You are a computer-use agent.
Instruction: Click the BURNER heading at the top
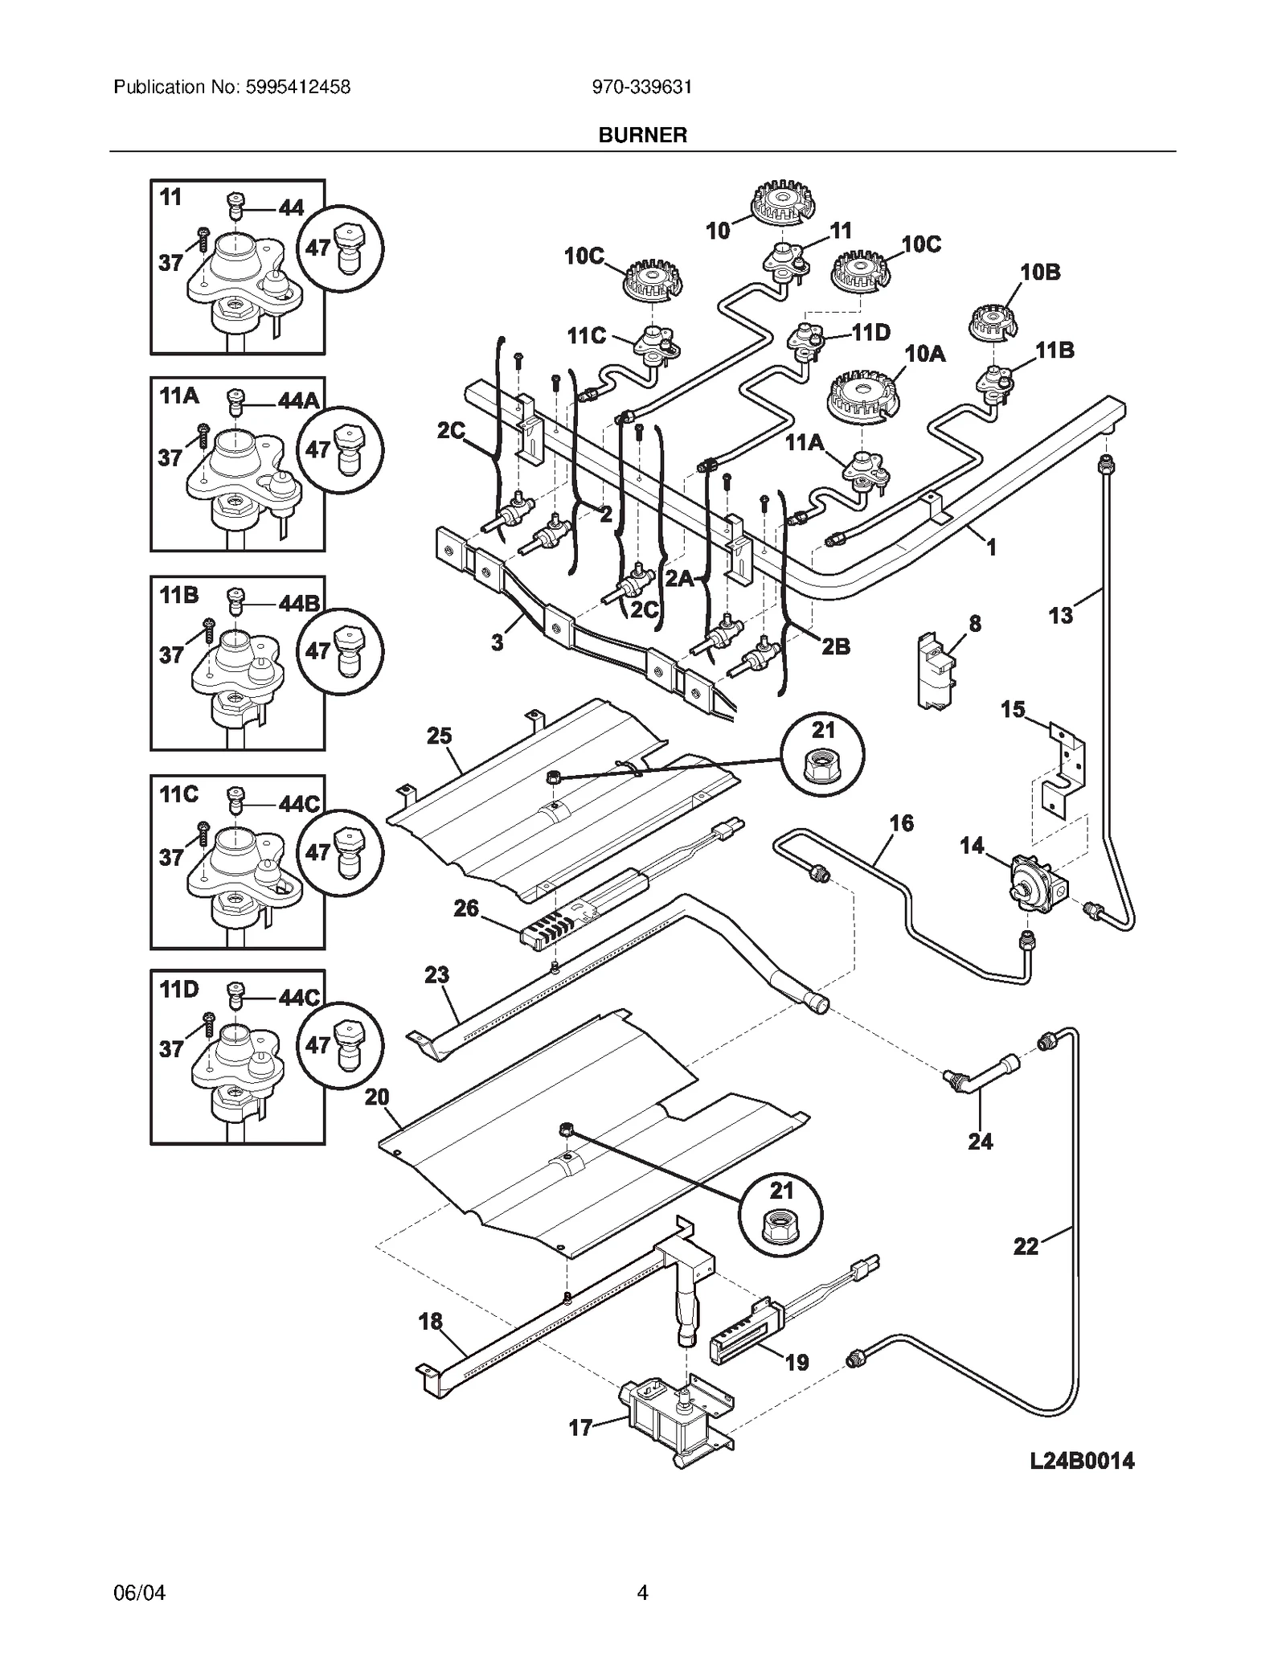642,135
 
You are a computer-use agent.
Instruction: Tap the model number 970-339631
642,87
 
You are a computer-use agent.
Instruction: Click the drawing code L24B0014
1082,1461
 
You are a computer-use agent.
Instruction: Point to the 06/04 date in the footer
140,1593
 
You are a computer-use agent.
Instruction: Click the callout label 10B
1040,272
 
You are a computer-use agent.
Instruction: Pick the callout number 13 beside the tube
1060,615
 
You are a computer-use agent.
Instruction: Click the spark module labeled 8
936,671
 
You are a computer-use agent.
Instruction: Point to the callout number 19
797,1362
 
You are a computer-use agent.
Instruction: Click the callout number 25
439,736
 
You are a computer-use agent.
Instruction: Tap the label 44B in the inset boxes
299,603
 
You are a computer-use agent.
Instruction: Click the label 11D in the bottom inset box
178,988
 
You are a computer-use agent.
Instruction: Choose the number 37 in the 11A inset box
170,457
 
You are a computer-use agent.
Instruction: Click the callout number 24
980,1141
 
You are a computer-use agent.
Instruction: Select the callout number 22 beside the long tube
1026,1246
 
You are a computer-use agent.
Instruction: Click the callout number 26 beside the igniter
466,908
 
